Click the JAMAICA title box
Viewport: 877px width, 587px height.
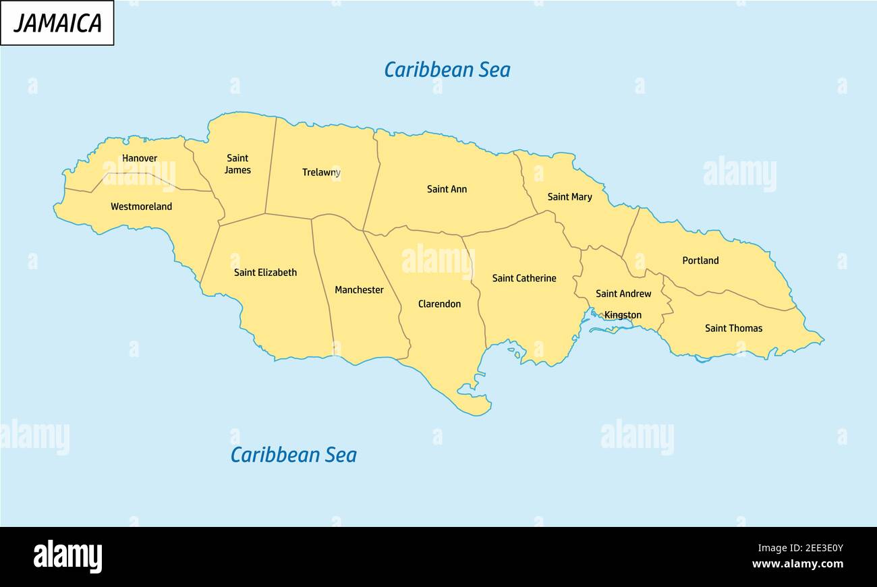coord(57,23)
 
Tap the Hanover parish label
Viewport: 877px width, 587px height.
coord(140,159)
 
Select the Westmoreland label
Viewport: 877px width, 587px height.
coord(141,206)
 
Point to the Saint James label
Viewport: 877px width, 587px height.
coord(237,165)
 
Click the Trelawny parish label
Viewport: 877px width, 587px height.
coord(321,173)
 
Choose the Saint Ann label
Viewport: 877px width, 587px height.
coord(447,189)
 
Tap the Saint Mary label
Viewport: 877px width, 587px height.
coord(569,197)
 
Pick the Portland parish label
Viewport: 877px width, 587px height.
coord(700,260)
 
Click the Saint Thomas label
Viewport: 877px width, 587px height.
coord(733,329)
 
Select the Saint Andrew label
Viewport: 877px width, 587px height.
coord(623,293)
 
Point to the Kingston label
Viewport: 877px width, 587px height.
coord(623,315)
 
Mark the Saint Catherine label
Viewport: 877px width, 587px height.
coord(524,278)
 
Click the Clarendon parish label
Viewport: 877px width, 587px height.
coord(439,304)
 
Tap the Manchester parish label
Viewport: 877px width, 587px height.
coord(359,290)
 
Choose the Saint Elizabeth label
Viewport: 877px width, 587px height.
coord(265,273)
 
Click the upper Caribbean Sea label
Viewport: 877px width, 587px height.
coord(447,69)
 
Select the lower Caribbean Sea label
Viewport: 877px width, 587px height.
coord(293,455)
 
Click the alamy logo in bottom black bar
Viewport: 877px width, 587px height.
coord(68,557)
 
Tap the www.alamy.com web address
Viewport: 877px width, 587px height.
coord(797,564)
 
